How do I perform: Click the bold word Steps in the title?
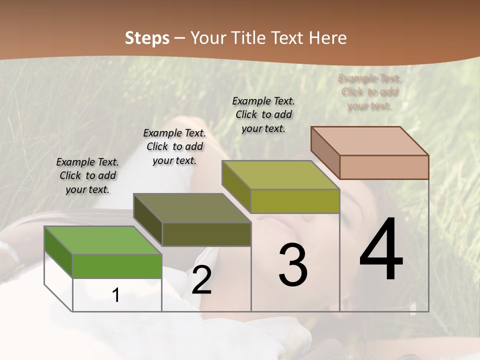click(147, 38)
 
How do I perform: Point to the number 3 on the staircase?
click(293, 265)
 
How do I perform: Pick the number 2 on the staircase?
click(201, 280)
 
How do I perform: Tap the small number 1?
click(116, 295)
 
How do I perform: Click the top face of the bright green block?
click(103, 240)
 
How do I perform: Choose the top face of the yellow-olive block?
click(280, 175)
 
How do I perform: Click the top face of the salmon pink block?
click(369, 141)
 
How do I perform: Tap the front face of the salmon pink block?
click(384, 167)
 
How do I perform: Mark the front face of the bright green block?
click(117, 265)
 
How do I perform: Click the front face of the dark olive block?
click(206, 234)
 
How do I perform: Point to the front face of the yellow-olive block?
click(295, 201)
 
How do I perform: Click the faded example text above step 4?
click(370, 92)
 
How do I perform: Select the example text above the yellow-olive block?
click(263, 114)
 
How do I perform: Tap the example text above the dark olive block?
click(174, 146)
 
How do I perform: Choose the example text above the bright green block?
click(87, 175)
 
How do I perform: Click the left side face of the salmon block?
click(325, 153)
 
